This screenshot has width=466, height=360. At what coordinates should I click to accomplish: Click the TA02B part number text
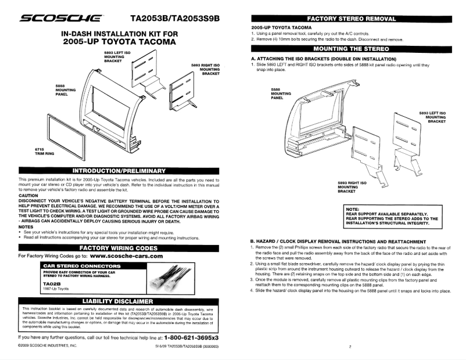49,283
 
